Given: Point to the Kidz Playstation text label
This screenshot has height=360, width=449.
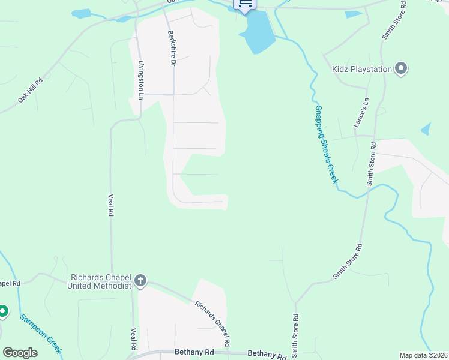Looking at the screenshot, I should tap(361, 69).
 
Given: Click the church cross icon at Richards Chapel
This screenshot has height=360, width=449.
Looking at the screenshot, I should tap(140, 281).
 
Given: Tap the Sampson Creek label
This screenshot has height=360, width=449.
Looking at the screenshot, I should tap(41, 334).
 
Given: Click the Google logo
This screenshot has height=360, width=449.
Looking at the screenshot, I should tap(20, 352).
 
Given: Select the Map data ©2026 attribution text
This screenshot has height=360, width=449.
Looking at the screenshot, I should tap(424, 355).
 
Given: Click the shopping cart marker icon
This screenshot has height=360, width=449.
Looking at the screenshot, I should tap(245, 4).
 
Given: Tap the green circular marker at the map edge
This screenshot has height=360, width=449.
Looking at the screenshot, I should tap(2, 311).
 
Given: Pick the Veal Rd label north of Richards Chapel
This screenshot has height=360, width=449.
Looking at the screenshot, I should tap(111, 204).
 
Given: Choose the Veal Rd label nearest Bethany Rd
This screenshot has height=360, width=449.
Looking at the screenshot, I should tap(133, 339).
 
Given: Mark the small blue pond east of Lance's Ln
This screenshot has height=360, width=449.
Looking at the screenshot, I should tap(426, 128).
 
